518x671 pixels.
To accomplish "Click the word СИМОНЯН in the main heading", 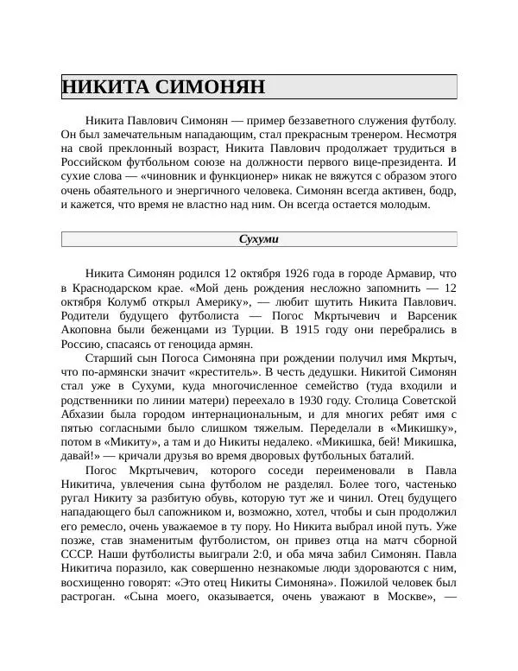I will click(211, 87).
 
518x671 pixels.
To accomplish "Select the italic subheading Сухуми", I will click(259, 238).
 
